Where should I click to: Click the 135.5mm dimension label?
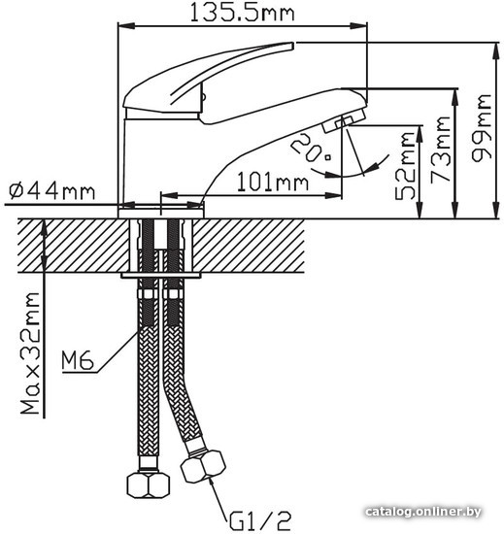tap(242, 13)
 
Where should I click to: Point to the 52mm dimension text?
tap(405, 166)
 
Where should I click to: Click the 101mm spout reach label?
tap(273, 182)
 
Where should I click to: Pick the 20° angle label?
tap(311, 148)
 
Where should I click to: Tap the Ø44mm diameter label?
tap(51, 191)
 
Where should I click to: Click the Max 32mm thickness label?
tap(30, 353)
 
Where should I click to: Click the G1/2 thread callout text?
tap(260, 520)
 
